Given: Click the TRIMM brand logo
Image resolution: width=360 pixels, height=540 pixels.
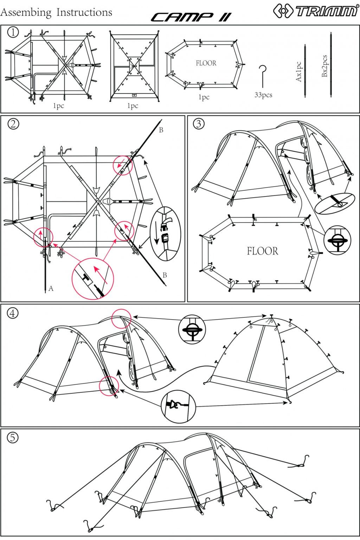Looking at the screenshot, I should click(315, 11).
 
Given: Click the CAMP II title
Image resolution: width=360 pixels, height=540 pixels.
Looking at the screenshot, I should click(191, 17).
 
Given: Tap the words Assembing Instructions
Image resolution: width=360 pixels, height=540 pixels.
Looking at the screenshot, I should click(56, 12).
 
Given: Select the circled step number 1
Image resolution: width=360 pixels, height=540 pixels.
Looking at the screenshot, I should click(13, 32).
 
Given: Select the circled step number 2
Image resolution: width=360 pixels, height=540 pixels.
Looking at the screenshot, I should click(13, 124).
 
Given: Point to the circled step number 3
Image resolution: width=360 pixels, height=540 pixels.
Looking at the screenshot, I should click(199, 124).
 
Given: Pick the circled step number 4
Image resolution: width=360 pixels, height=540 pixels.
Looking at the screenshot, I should click(13, 313).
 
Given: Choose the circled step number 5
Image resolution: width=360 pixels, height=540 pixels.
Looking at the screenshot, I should click(13, 437).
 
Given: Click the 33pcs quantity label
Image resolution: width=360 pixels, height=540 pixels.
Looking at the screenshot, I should click(263, 95).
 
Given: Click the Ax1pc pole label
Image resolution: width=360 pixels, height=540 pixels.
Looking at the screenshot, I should click(298, 72).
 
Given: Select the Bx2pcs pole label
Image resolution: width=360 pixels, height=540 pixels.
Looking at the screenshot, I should click(324, 66).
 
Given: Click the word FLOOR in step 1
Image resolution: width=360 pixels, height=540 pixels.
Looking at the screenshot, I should click(206, 63).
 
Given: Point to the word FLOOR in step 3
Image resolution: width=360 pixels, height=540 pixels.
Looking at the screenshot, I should click(262, 251).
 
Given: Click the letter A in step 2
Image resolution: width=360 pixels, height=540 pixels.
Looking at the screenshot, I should click(51, 289).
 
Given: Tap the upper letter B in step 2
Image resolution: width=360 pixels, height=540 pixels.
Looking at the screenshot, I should click(161, 130).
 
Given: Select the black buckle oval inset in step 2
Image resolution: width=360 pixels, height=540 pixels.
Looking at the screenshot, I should click(165, 233).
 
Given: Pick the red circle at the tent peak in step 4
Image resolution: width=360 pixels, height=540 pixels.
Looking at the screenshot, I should click(121, 319).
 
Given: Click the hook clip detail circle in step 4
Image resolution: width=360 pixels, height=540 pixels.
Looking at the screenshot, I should click(178, 406).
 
